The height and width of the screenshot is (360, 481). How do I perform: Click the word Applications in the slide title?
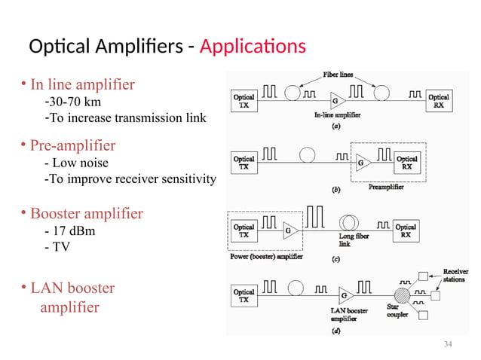253,47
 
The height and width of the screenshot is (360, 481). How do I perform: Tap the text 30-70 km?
72,102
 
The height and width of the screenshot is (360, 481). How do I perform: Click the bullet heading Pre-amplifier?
72,145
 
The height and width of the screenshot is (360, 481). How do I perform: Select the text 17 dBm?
71,230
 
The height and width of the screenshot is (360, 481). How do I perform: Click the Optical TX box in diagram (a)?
244,101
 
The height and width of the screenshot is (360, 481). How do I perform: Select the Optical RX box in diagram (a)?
439,101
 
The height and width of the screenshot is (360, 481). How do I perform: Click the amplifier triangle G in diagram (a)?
335,101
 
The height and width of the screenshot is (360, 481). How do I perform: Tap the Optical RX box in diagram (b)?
407,163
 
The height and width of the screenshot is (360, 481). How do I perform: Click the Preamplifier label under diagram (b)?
386,187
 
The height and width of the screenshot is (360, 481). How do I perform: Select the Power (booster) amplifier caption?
265,256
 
